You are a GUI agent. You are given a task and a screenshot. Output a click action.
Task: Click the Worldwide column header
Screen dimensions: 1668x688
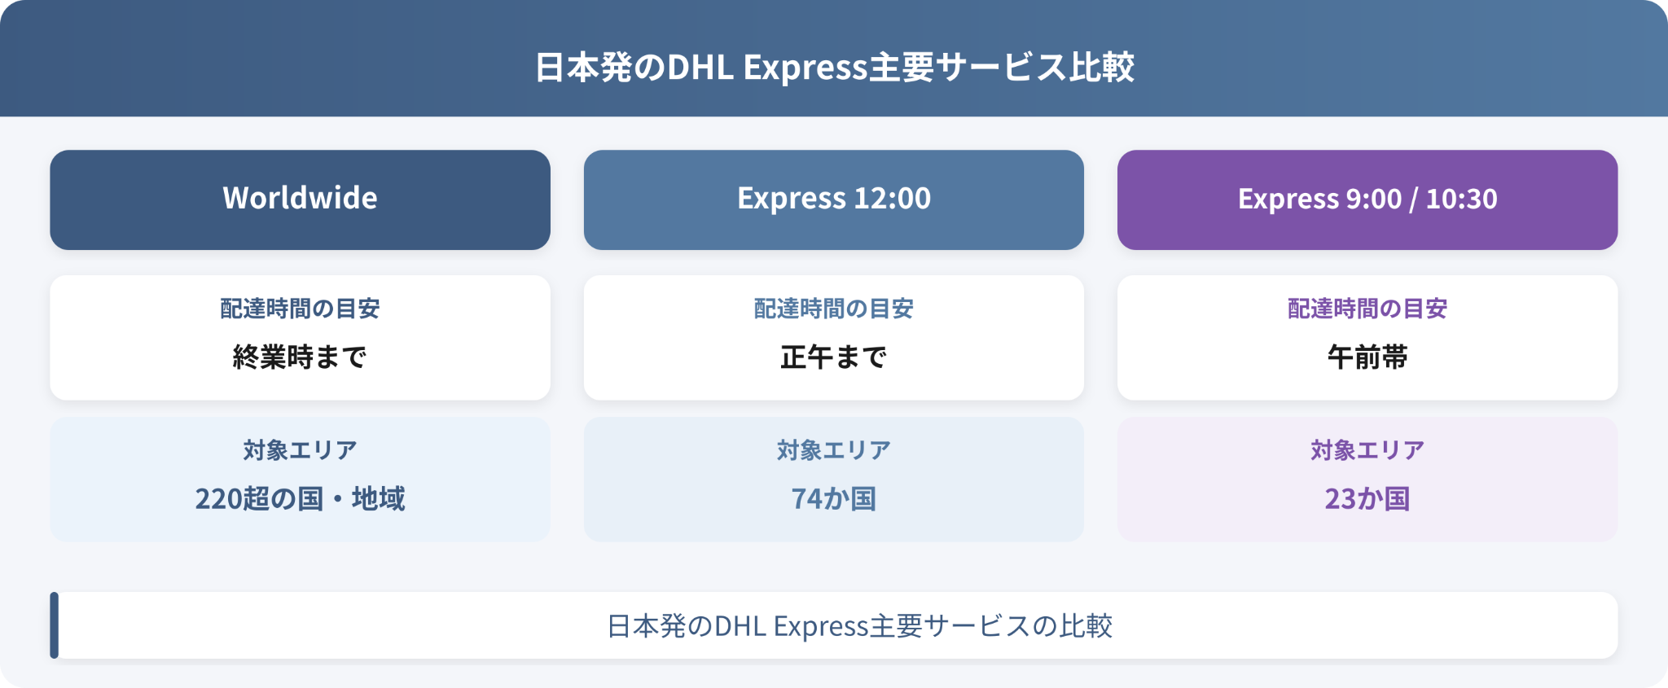pyautogui.click(x=300, y=199)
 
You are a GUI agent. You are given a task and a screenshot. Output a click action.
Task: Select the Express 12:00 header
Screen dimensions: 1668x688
pyautogui.click(x=833, y=199)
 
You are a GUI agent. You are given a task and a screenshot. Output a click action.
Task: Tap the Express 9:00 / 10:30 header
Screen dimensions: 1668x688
pyautogui.click(x=1367, y=199)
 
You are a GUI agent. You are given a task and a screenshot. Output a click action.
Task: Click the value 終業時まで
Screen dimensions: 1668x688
pyautogui.click(x=300, y=357)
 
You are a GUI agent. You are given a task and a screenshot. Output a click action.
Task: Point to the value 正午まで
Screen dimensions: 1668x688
pyautogui.click(x=833, y=357)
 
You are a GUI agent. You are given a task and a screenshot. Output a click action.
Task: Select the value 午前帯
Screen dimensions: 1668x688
pyautogui.click(x=1367, y=357)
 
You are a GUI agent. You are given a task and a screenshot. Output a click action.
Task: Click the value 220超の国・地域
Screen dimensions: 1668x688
pyautogui.click(x=300, y=498)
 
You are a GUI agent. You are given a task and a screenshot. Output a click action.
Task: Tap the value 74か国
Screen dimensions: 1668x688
pyautogui.click(x=833, y=498)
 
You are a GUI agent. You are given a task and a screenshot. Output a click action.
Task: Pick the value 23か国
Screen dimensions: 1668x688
pyautogui.click(x=1367, y=498)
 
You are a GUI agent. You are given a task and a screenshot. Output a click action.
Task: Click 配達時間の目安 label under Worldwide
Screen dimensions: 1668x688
pyautogui.click(x=300, y=309)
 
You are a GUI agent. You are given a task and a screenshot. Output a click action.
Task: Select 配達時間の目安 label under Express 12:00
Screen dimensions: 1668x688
pyautogui.click(x=833, y=309)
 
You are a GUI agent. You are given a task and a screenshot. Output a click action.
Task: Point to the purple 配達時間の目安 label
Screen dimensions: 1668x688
pyautogui.click(x=1367, y=309)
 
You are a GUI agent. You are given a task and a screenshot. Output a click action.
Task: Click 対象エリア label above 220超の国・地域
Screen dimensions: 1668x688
pyautogui.click(x=300, y=450)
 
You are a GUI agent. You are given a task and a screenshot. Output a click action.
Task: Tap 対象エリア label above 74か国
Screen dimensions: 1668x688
pyautogui.click(x=833, y=450)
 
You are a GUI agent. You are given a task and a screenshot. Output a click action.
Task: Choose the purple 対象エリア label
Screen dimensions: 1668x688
pyautogui.click(x=1367, y=450)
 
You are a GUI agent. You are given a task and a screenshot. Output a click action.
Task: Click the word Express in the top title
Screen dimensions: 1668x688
pyautogui.click(x=805, y=68)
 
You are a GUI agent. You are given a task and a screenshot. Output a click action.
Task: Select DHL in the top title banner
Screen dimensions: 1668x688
pyautogui.click(x=700, y=67)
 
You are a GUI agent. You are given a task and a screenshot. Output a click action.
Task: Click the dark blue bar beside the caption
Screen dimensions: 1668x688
pyautogui.click(x=55, y=625)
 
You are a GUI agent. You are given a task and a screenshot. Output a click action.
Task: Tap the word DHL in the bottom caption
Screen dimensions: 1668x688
pyautogui.click(x=741, y=626)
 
